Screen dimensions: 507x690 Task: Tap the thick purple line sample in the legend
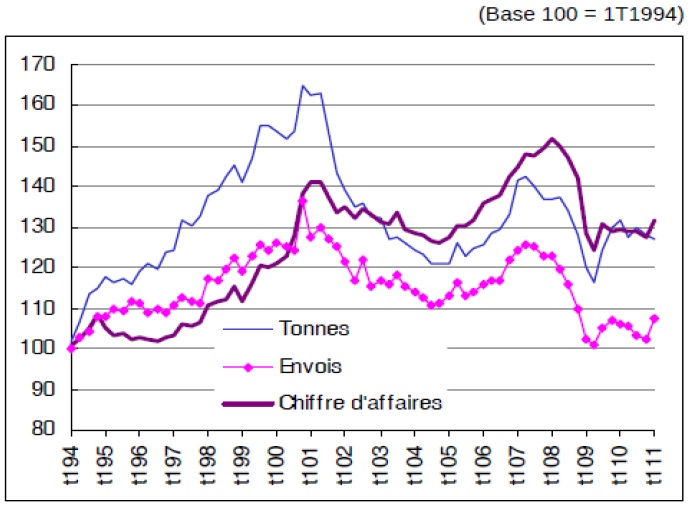pos(244,403)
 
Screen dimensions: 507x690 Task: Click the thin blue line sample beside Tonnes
pos(244,327)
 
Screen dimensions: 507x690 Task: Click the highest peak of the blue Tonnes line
pos(302,86)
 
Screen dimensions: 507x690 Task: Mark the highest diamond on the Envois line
pos(302,202)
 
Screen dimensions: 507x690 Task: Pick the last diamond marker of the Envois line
pos(655,319)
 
